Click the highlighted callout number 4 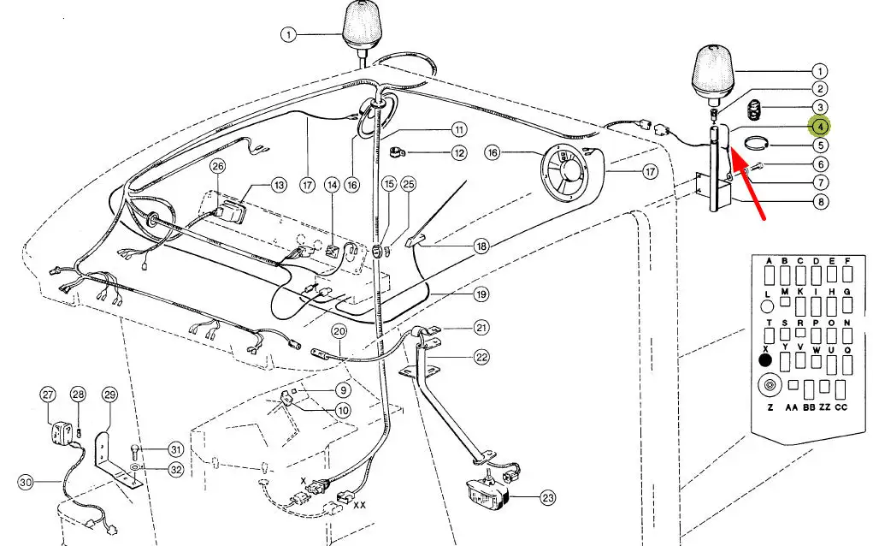tap(820, 128)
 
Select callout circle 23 tap(546, 496)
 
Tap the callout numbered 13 tap(279, 184)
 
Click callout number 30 tap(26, 483)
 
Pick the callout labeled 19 tap(481, 294)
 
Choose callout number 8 tap(820, 202)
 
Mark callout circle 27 tap(47, 394)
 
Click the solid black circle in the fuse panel tap(765, 359)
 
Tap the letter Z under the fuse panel tap(770, 407)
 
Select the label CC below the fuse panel tap(841, 407)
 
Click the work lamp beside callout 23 tap(487, 492)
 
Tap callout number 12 tap(459, 153)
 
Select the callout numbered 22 tap(481, 357)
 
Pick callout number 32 tap(175, 469)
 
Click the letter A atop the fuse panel tap(769, 261)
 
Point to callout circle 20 tap(339, 331)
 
